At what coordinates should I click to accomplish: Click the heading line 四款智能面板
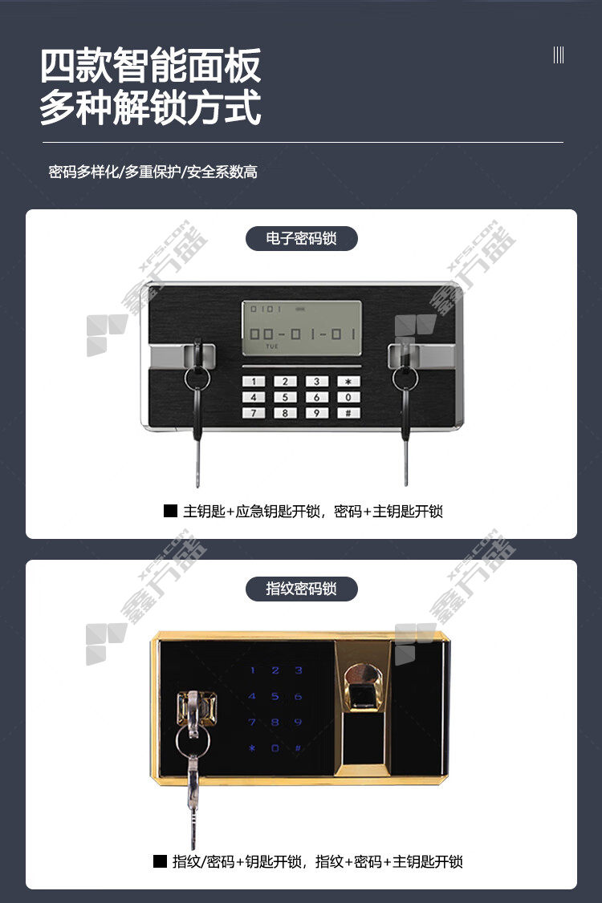(x=151, y=66)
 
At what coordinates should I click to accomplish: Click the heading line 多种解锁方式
(x=151, y=107)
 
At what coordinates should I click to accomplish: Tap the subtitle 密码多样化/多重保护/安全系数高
(x=153, y=172)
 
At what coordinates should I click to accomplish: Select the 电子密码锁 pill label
(x=302, y=238)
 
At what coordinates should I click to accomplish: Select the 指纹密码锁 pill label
(x=302, y=589)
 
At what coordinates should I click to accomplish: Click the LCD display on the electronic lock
(x=302, y=327)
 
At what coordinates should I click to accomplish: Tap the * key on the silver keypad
(x=348, y=381)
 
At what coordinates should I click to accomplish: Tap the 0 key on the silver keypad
(x=348, y=397)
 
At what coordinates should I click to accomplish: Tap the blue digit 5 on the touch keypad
(x=275, y=696)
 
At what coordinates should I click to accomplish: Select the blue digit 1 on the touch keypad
(x=252, y=670)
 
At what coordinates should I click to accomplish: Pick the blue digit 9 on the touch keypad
(x=298, y=723)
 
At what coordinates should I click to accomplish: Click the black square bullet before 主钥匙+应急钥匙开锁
(x=170, y=511)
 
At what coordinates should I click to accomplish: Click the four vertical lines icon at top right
(x=558, y=55)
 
